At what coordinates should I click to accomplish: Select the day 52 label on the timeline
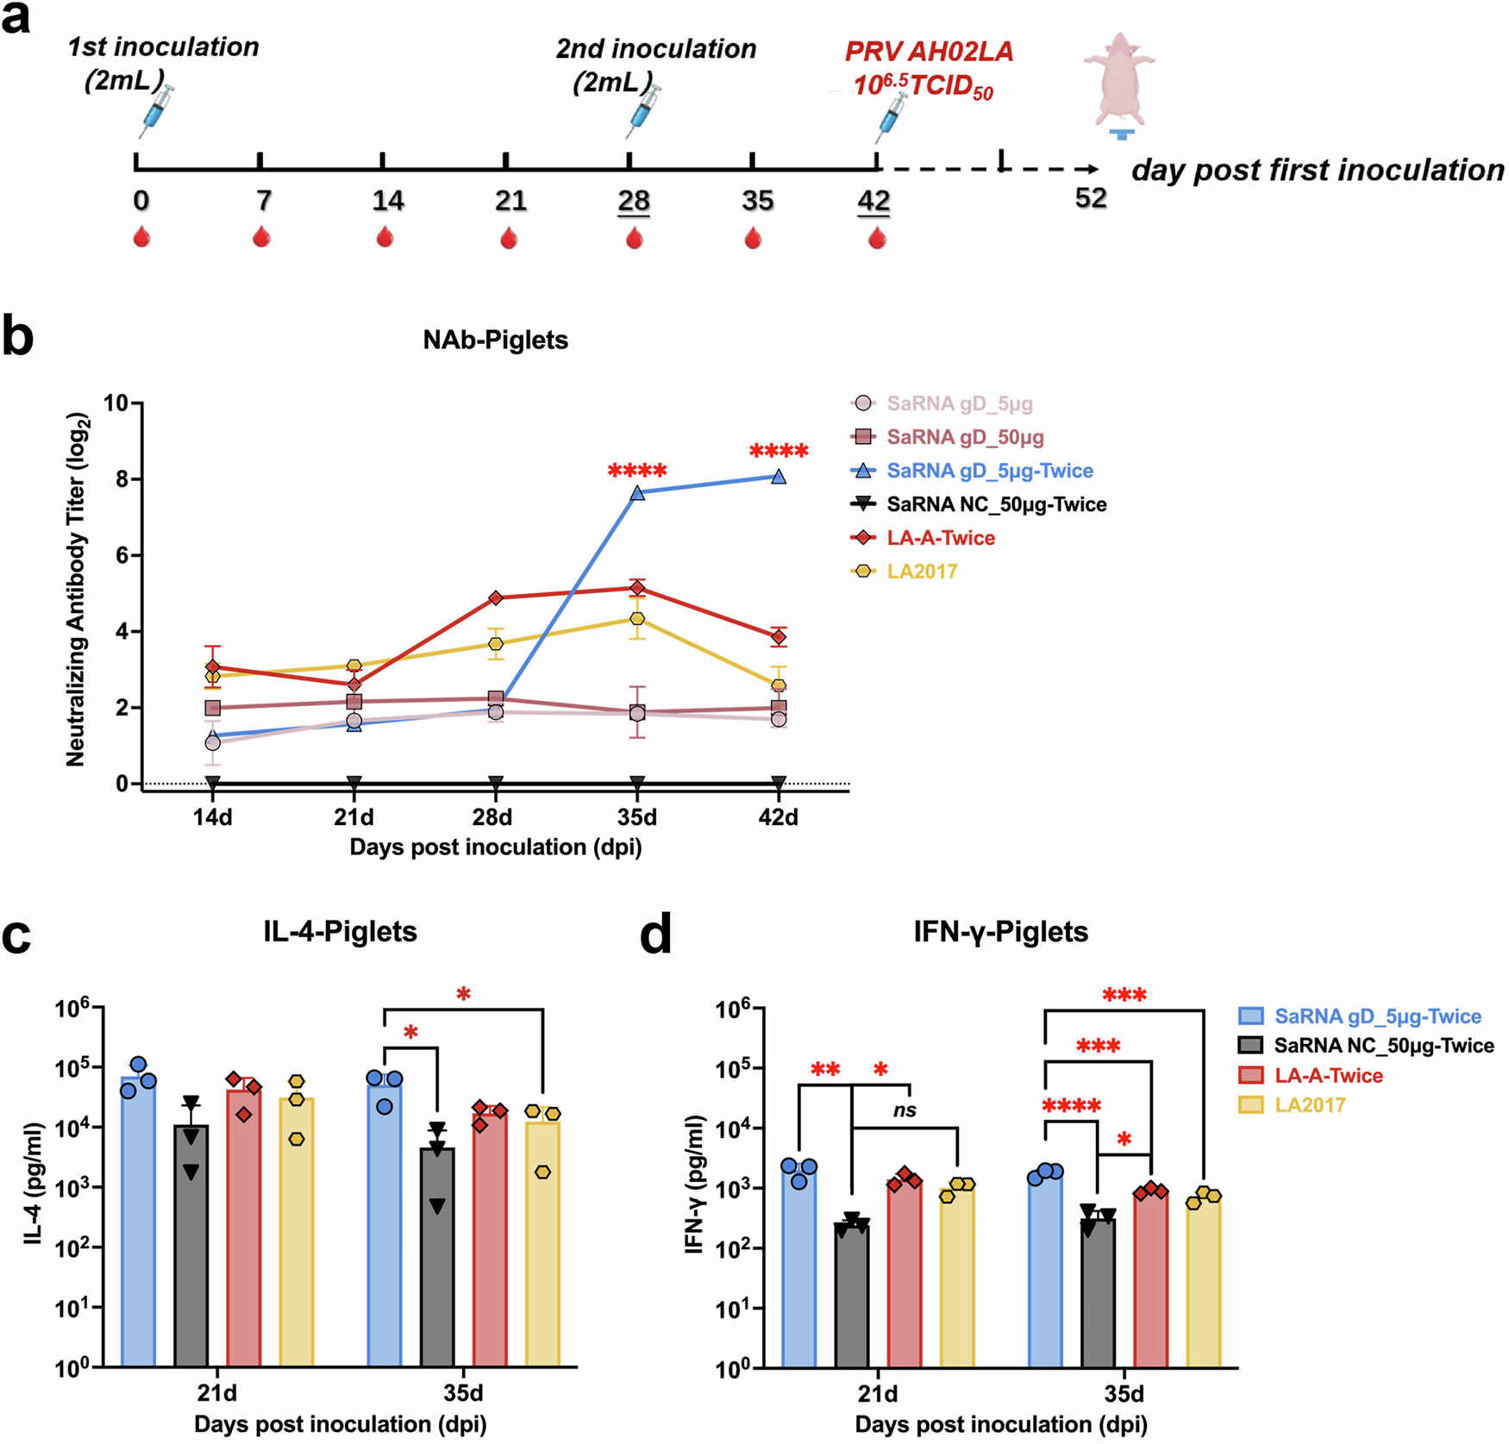point(1091,198)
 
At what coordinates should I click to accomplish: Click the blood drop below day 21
point(509,237)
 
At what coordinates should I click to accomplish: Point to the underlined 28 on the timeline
point(634,201)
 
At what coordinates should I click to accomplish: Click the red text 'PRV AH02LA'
point(929,52)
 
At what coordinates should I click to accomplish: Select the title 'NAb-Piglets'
point(495,340)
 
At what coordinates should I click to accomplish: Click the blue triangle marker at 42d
point(779,477)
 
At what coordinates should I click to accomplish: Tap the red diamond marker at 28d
point(496,597)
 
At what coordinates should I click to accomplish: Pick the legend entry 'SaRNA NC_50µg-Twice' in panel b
point(996,504)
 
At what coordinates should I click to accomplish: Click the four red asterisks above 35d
point(637,472)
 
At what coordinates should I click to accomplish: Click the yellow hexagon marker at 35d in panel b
point(637,619)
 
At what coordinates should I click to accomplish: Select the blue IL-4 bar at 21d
point(139,1224)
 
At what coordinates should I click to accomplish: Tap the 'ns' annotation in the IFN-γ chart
point(904,1110)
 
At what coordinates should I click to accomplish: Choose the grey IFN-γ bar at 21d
point(852,1293)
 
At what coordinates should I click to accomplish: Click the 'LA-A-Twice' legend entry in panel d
point(1328,1075)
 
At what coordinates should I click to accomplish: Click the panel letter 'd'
point(655,935)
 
